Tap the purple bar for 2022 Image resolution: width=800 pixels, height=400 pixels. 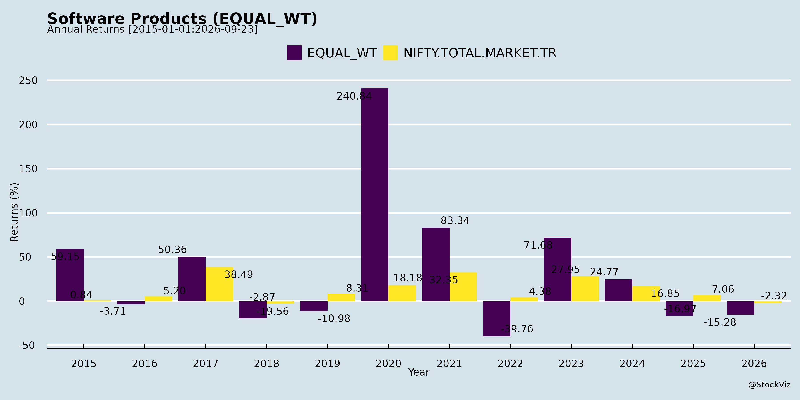[497, 319]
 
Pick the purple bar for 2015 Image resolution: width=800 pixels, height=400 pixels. [70, 275]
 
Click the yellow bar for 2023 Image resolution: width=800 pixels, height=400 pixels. [585, 289]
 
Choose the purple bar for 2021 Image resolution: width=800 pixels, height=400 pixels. [436, 264]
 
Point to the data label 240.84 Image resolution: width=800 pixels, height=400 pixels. [354, 96]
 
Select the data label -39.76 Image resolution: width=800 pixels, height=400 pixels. [517, 329]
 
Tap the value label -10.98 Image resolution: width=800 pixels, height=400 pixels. [334, 319]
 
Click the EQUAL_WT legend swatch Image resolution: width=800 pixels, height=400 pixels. [294, 53]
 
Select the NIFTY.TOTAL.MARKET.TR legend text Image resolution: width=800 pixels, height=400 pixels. [480, 53]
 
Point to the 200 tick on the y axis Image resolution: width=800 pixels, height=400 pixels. [28, 125]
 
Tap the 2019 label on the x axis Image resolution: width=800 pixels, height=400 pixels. [327, 363]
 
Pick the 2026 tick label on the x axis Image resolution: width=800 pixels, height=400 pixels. [754, 363]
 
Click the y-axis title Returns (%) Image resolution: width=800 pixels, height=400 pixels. [14, 212]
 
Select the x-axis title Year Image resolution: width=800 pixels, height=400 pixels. [419, 372]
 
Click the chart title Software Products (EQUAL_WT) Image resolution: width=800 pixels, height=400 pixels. [182, 19]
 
